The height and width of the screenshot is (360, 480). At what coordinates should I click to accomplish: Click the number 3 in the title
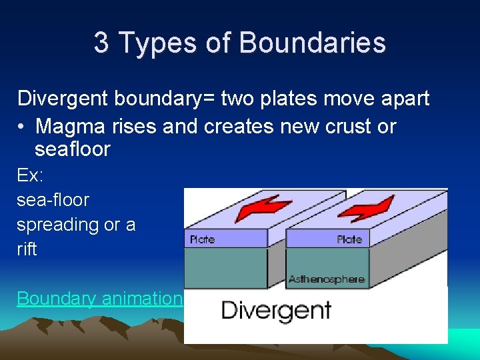point(101,43)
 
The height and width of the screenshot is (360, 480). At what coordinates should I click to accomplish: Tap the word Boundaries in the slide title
point(312,43)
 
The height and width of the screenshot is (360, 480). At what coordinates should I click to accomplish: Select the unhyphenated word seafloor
point(72,149)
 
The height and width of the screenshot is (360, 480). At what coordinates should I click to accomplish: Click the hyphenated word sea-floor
point(53,200)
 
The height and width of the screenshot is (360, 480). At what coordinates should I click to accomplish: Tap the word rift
point(27,249)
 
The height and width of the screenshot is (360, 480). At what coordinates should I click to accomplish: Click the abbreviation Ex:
point(30,175)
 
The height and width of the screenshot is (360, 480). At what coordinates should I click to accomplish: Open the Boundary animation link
point(99,299)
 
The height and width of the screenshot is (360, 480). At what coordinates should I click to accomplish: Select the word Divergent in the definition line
point(63,99)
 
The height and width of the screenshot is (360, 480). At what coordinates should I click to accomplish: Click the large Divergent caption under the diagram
point(276,310)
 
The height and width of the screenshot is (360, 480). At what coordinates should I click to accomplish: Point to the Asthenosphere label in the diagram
point(327,279)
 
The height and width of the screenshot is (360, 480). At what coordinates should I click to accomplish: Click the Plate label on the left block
point(202,239)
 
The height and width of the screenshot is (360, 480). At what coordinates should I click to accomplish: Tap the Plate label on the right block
point(349,239)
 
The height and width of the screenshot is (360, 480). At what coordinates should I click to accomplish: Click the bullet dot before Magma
point(22,127)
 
